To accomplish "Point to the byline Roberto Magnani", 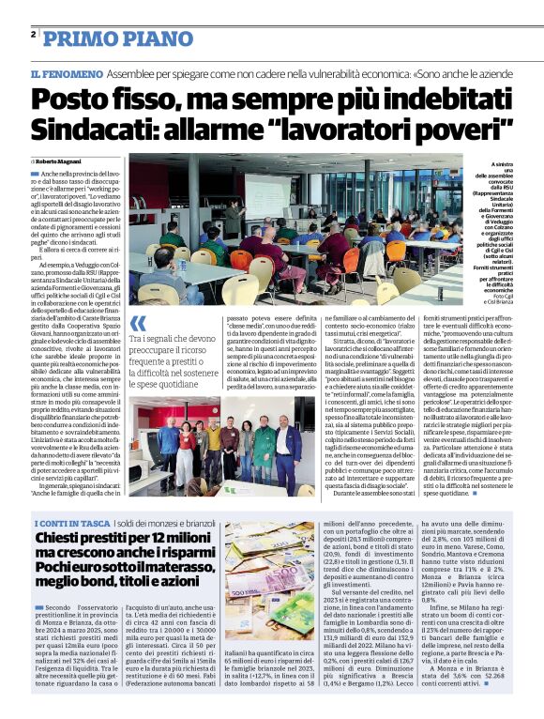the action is [58, 162].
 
